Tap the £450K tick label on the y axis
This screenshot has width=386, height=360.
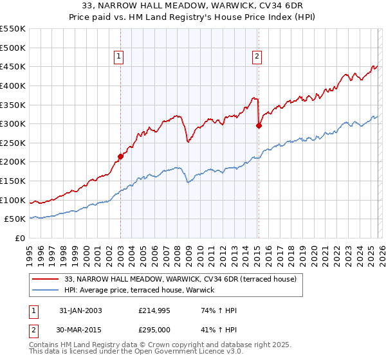pyautogui.click(x=13, y=67)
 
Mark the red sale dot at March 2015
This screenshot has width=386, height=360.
pyautogui.click(x=259, y=126)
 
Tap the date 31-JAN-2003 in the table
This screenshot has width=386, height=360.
pyautogui.click(x=80, y=310)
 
